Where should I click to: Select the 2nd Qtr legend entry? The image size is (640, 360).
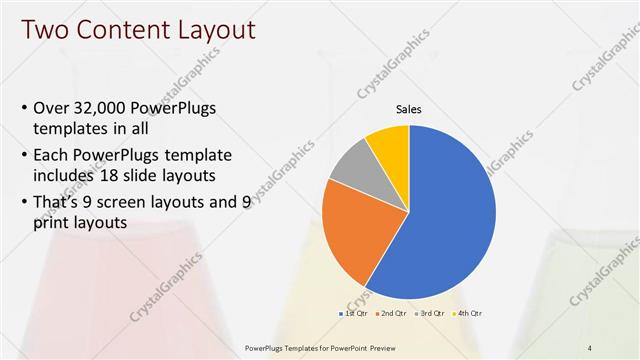(392, 314)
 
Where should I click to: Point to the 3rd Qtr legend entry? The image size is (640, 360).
(430, 314)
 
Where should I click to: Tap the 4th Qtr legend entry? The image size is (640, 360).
(468, 314)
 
